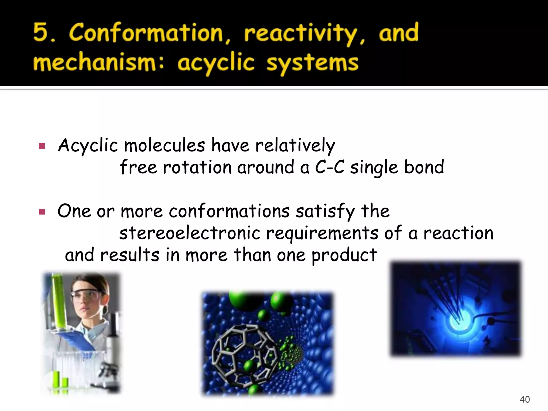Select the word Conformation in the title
[x=146, y=33]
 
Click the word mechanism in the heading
[x=94, y=63]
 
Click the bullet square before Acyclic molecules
[x=42, y=146]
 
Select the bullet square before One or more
[x=42, y=212]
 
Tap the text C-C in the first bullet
[x=330, y=168]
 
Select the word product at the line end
[x=344, y=255]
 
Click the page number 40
[x=524, y=399]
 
